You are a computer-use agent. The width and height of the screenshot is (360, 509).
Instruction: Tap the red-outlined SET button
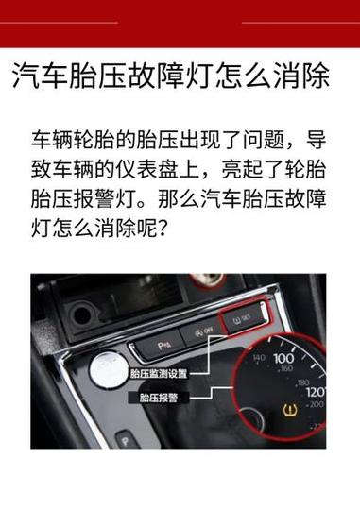coord(238,319)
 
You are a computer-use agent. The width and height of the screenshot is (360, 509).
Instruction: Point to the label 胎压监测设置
coord(158,374)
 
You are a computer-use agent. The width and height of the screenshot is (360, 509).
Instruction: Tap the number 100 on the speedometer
coord(283,359)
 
